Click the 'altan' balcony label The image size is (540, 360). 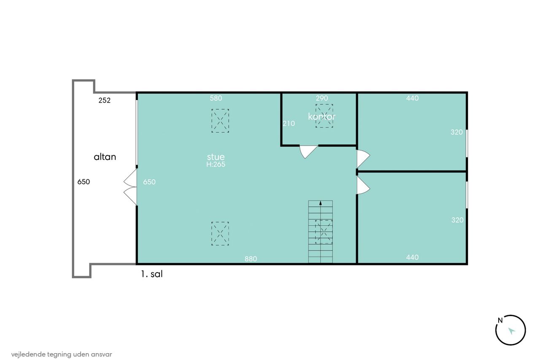[105, 157]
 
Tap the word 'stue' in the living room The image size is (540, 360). [216, 157]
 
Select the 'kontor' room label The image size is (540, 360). [321, 116]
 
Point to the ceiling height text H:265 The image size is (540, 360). [216, 165]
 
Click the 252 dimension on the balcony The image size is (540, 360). [104, 100]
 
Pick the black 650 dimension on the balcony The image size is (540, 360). [84, 181]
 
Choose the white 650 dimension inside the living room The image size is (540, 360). [149, 182]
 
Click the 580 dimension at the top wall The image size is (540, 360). [216, 98]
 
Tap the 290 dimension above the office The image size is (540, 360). [322, 98]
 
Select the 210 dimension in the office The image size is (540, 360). [289, 124]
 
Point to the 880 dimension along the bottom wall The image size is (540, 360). [251, 259]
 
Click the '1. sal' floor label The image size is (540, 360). [152, 274]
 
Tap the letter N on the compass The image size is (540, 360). [500, 320]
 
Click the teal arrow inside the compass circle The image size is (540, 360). [511, 331]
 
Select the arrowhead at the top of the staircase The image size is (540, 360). [320, 203]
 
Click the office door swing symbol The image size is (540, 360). [308, 152]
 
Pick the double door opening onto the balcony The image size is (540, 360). [130, 187]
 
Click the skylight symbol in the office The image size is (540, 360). [324, 116]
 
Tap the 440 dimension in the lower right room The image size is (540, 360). [412, 257]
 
